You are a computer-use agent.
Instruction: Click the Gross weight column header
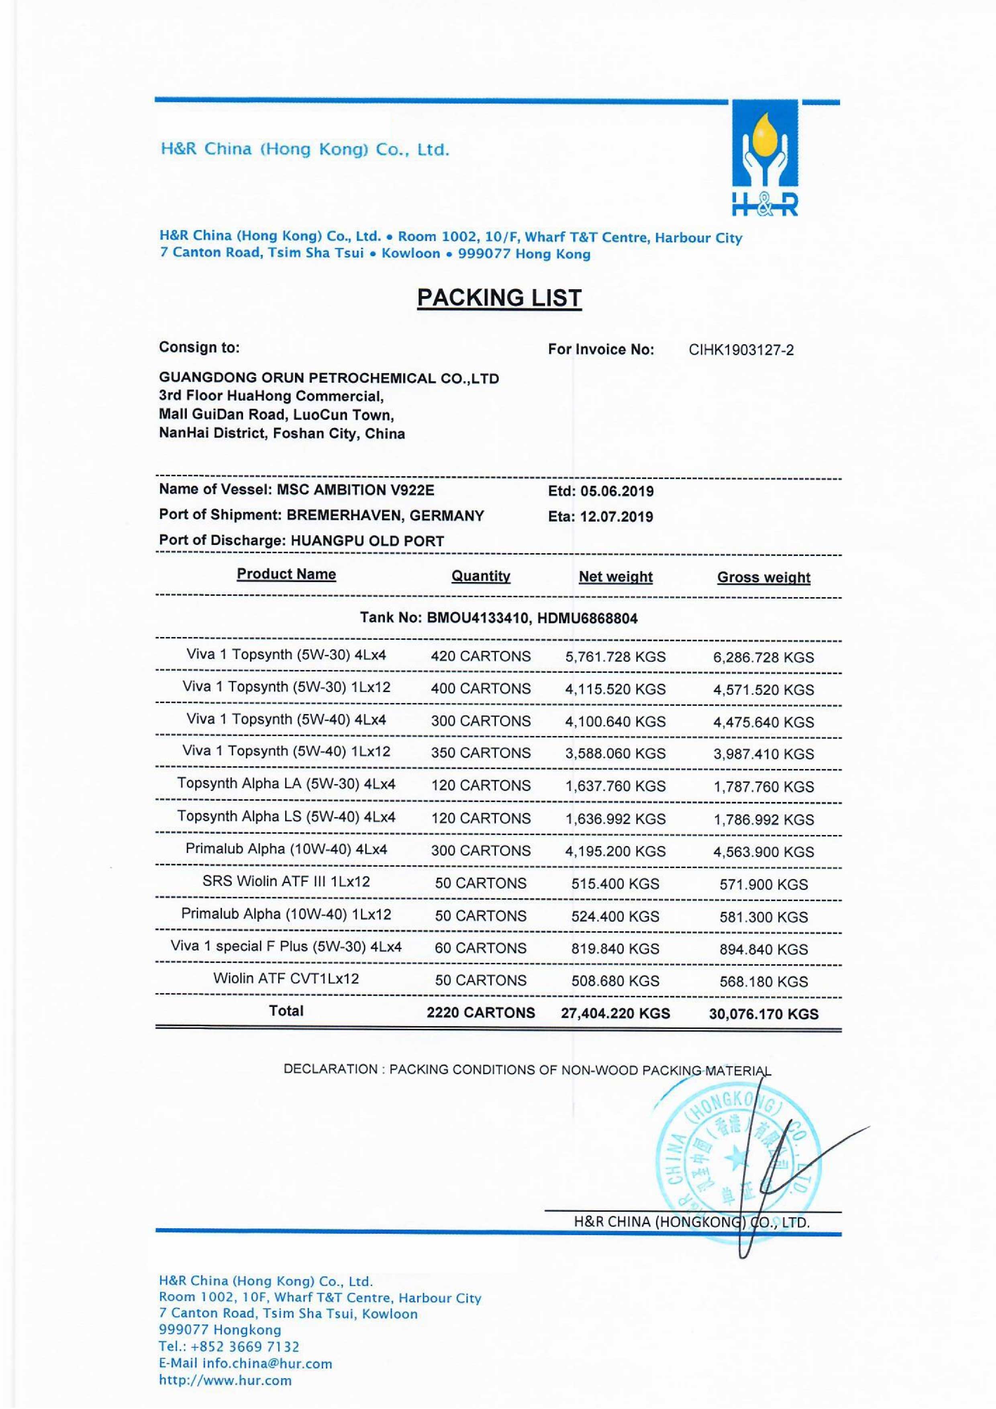(x=763, y=578)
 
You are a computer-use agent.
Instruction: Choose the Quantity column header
(x=480, y=576)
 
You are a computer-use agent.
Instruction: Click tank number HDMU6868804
(x=587, y=619)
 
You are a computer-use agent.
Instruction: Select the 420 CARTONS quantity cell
(x=480, y=656)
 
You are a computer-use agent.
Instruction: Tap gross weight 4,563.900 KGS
(x=763, y=852)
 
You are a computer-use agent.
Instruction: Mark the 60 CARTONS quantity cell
(x=480, y=948)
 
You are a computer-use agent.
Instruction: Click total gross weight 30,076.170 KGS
(x=763, y=1014)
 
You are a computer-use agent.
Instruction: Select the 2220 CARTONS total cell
(x=480, y=1013)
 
